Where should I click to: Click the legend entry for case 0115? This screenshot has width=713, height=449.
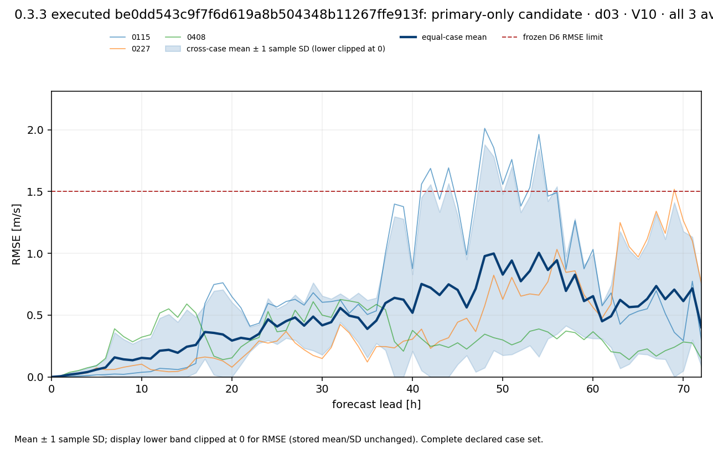click(130, 37)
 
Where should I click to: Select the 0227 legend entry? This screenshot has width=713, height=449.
click(130, 49)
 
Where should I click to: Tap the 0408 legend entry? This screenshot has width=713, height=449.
click(185, 37)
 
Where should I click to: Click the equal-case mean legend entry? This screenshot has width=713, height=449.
click(443, 37)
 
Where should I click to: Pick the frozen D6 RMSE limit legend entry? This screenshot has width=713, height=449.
click(552, 37)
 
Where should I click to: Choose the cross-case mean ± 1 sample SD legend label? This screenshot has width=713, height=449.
click(286, 49)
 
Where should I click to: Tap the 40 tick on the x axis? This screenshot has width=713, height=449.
click(412, 389)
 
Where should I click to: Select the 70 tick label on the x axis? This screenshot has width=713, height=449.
click(683, 389)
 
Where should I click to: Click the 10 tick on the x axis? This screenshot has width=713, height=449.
click(142, 389)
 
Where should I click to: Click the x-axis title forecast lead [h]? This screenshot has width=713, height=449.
click(376, 404)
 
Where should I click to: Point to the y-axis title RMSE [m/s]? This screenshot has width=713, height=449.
click(16, 234)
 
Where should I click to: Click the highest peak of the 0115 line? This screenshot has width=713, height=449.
click(484, 128)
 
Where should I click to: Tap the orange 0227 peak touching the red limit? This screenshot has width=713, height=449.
click(674, 190)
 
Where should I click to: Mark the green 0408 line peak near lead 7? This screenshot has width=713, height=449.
click(115, 329)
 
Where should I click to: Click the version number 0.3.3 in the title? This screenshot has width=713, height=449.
click(31, 14)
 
